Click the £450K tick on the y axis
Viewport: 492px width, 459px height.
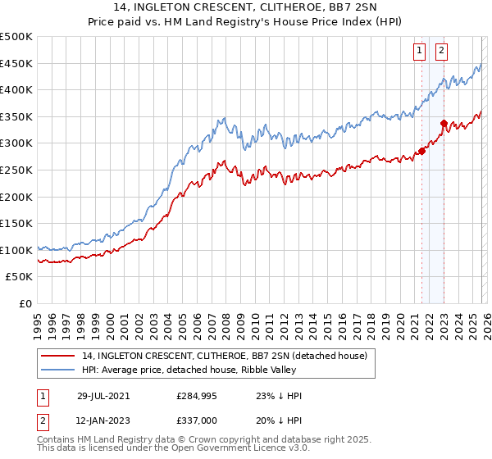click(x=16, y=63)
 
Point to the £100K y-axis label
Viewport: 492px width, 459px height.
click(x=16, y=250)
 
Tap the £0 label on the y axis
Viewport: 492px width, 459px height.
click(x=25, y=303)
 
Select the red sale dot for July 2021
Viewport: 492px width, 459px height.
click(x=422, y=151)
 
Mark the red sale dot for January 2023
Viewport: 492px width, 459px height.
click(x=444, y=124)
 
